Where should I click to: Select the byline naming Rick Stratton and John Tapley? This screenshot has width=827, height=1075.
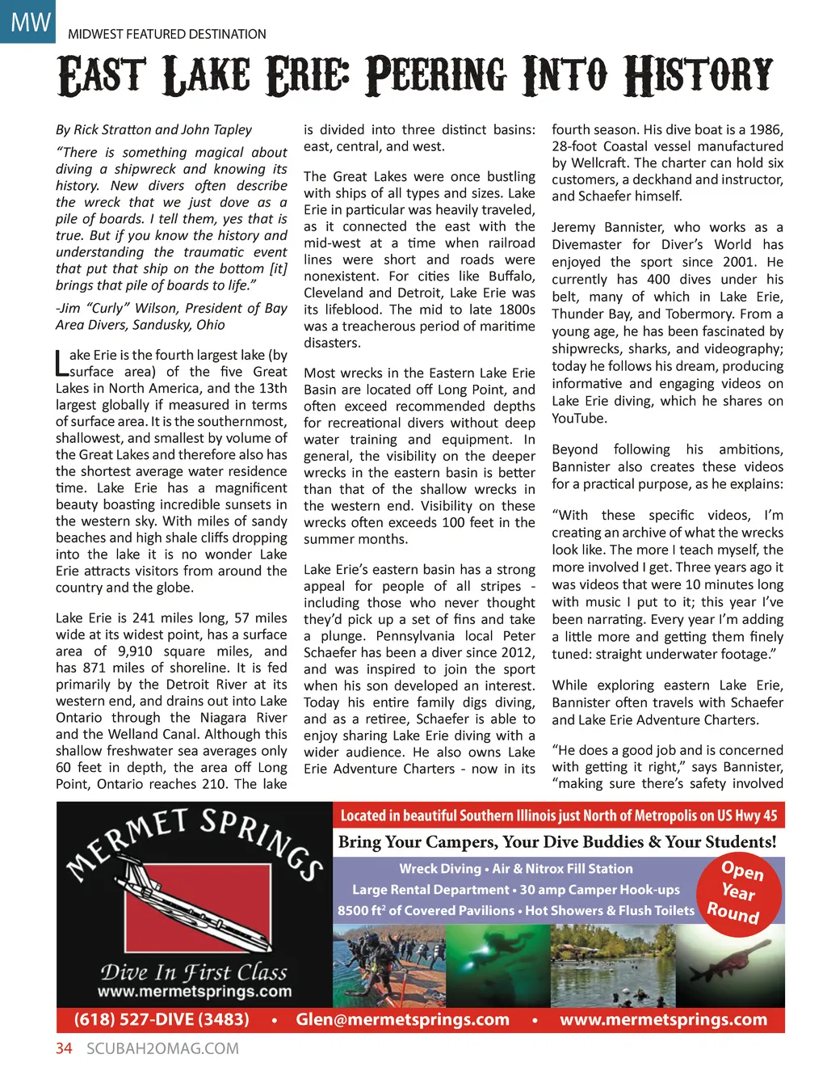pos(153,129)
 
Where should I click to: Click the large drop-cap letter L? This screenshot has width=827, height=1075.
pos(61,363)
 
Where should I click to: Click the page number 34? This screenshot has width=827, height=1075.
pos(64,1048)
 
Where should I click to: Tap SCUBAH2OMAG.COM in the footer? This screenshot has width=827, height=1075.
pos(162,1048)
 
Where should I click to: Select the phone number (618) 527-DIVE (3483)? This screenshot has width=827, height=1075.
pos(162,1019)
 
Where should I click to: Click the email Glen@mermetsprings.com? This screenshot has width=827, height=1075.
pos(402,1019)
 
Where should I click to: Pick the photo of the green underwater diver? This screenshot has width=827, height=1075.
pos(495,965)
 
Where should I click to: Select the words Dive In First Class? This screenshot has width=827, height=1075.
pos(194,972)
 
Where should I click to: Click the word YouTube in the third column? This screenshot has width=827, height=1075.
pos(579,419)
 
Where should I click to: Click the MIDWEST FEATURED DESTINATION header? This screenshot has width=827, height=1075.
pos(166,34)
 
